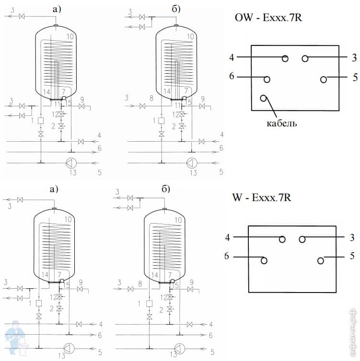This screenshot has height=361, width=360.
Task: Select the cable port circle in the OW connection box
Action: pyautogui.click(x=263, y=99)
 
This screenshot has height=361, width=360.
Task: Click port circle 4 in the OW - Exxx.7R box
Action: pyautogui.click(x=285, y=58)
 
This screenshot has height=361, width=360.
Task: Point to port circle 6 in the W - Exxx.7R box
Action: pyautogui.click(x=263, y=260)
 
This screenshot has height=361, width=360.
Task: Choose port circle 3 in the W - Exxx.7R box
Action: pyautogui.click(x=302, y=239)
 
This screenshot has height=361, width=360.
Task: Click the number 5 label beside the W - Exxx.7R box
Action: pyautogui.click(x=352, y=256)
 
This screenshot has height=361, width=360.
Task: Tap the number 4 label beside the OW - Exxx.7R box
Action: pyautogui.click(x=232, y=57)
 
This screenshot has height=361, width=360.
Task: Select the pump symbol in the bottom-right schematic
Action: pyautogui.click(x=179, y=348)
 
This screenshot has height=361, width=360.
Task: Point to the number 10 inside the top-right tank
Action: pyautogui.click(x=190, y=36)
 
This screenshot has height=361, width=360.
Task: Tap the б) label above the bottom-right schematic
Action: pyautogui.click(x=166, y=188)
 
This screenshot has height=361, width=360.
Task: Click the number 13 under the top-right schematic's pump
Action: pyautogui.click(x=194, y=172)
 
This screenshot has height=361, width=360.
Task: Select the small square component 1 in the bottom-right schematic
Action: pyautogui.click(x=150, y=303)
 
